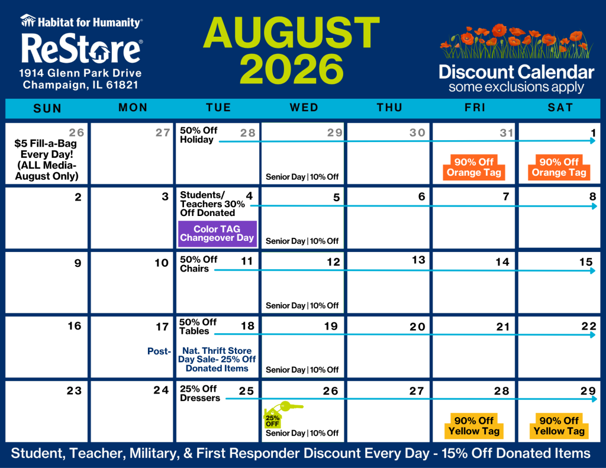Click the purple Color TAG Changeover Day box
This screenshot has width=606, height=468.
pyautogui.click(x=217, y=234)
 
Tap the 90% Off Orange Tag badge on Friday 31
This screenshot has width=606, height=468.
pyautogui.click(x=474, y=167)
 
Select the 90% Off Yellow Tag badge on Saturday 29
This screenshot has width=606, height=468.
pyautogui.click(x=559, y=426)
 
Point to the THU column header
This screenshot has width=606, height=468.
pyautogui.click(x=389, y=108)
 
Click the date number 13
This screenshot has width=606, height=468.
pyautogui.click(x=418, y=260)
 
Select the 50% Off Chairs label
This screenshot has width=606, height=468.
pyautogui.click(x=199, y=264)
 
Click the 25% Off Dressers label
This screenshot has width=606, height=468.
pyautogui.click(x=200, y=393)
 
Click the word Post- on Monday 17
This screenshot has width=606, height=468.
pyautogui.click(x=159, y=351)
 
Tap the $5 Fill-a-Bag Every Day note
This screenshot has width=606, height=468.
pyautogui.click(x=46, y=160)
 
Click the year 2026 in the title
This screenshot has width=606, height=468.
pyautogui.click(x=292, y=69)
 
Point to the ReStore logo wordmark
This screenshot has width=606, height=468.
pyautogui.click(x=82, y=48)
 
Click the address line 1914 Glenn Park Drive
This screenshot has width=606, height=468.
pyautogui.click(x=80, y=73)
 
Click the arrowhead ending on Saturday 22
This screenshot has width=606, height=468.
pyautogui.click(x=593, y=335)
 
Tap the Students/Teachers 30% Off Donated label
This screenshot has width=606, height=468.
pyautogui.click(x=212, y=204)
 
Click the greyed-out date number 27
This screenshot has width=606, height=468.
pyautogui.click(x=163, y=133)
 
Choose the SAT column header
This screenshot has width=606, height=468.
pyautogui.click(x=560, y=108)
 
